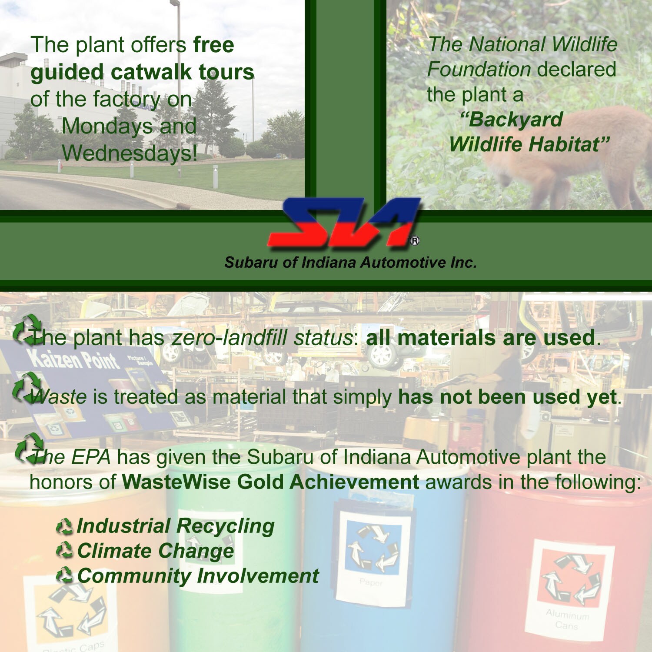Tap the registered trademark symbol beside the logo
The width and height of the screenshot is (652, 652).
click(x=415, y=241)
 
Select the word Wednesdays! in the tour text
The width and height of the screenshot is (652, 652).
click(x=130, y=153)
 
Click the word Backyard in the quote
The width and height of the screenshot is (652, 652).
click(x=512, y=120)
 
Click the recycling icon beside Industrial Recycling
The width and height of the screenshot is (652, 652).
click(x=64, y=527)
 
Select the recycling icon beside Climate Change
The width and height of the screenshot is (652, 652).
click(x=64, y=551)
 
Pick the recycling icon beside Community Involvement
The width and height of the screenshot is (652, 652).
click(x=64, y=576)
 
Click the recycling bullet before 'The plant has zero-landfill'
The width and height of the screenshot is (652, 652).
click(x=27, y=330)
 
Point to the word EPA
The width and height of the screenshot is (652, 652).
click(x=90, y=457)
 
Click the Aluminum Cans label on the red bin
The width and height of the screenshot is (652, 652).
click(x=567, y=620)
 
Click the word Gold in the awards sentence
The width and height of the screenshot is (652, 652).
click(x=259, y=482)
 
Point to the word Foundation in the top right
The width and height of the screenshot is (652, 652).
click(x=479, y=70)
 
